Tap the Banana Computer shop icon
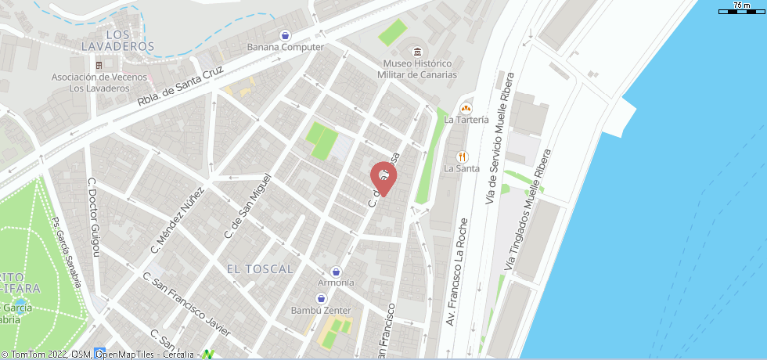pos(286,35)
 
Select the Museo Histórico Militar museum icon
pos(419,52)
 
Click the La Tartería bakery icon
pos(466,108)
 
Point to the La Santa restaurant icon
pos(462,157)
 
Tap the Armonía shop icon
pos(337,271)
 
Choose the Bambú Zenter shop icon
pos(322,299)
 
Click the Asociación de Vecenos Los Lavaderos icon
pos(99,65)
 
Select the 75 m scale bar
pos(740,10)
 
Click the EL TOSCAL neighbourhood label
pos(260,268)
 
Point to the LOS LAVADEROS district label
pos(118,41)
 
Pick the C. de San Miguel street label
pos(248,205)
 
